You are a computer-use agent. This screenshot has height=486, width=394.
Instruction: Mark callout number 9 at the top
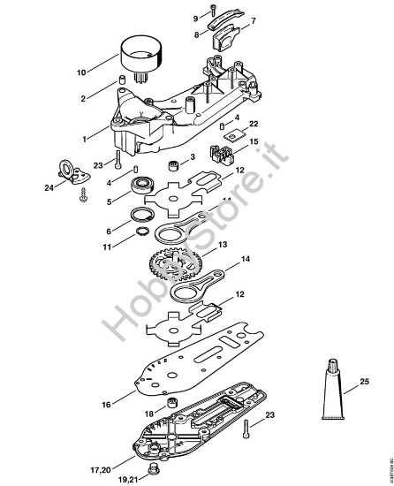click(x=196, y=18)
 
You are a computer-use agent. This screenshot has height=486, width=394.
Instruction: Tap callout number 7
click(x=254, y=19)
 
